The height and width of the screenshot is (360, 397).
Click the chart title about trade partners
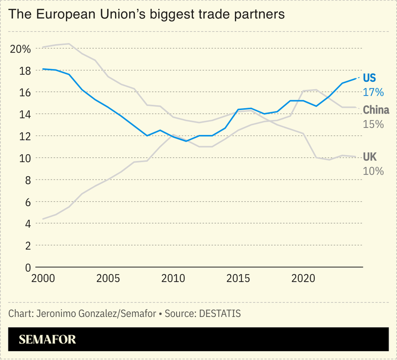click(x=147, y=14)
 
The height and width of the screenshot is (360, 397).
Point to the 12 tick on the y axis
click(x=18, y=136)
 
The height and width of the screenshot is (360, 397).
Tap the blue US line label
click(x=370, y=78)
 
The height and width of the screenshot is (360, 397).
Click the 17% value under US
click(x=373, y=92)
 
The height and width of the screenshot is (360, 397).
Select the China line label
click(x=376, y=110)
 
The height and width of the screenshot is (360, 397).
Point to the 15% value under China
click(x=373, y=124)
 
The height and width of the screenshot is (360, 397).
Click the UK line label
click(x=370, y=157)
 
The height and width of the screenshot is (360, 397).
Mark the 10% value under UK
click(x=373, y=171)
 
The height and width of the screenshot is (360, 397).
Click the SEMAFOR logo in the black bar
click(x=47, y=340)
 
